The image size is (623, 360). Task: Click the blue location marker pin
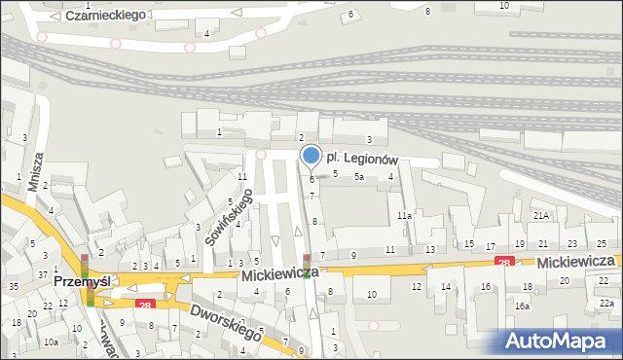pos(311,155)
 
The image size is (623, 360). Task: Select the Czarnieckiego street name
pos(106,15)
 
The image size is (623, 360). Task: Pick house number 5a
pos(359,177)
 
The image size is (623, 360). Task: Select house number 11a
pos(403,215)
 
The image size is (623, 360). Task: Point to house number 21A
pos(541,215)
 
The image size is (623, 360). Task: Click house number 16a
pos(523,306)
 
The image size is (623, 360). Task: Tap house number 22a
pos(606,304)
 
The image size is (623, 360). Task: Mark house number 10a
pos(51,342)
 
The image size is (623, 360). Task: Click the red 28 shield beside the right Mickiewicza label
pos(503,262)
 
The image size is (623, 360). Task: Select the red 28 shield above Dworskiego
pos(144,306)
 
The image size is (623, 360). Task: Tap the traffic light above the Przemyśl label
pos(85,262)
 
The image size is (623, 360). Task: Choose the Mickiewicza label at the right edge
pos(575,263)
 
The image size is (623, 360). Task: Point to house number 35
pos(13,286)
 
